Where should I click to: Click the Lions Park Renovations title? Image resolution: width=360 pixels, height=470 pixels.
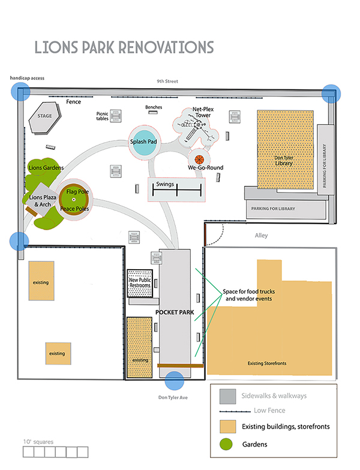coord(124,47)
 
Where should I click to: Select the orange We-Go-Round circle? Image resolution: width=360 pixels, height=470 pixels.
coord(199,159)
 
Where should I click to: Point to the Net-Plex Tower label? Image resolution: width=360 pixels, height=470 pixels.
coord(205,113)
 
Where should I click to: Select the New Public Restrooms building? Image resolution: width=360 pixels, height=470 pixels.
coord(140,283)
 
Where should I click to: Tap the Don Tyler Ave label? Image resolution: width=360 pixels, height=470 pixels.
coord(174,397)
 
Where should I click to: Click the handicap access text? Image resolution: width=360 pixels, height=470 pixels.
coord(26,78)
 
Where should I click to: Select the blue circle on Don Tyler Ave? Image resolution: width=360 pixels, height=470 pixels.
coord(174,381)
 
